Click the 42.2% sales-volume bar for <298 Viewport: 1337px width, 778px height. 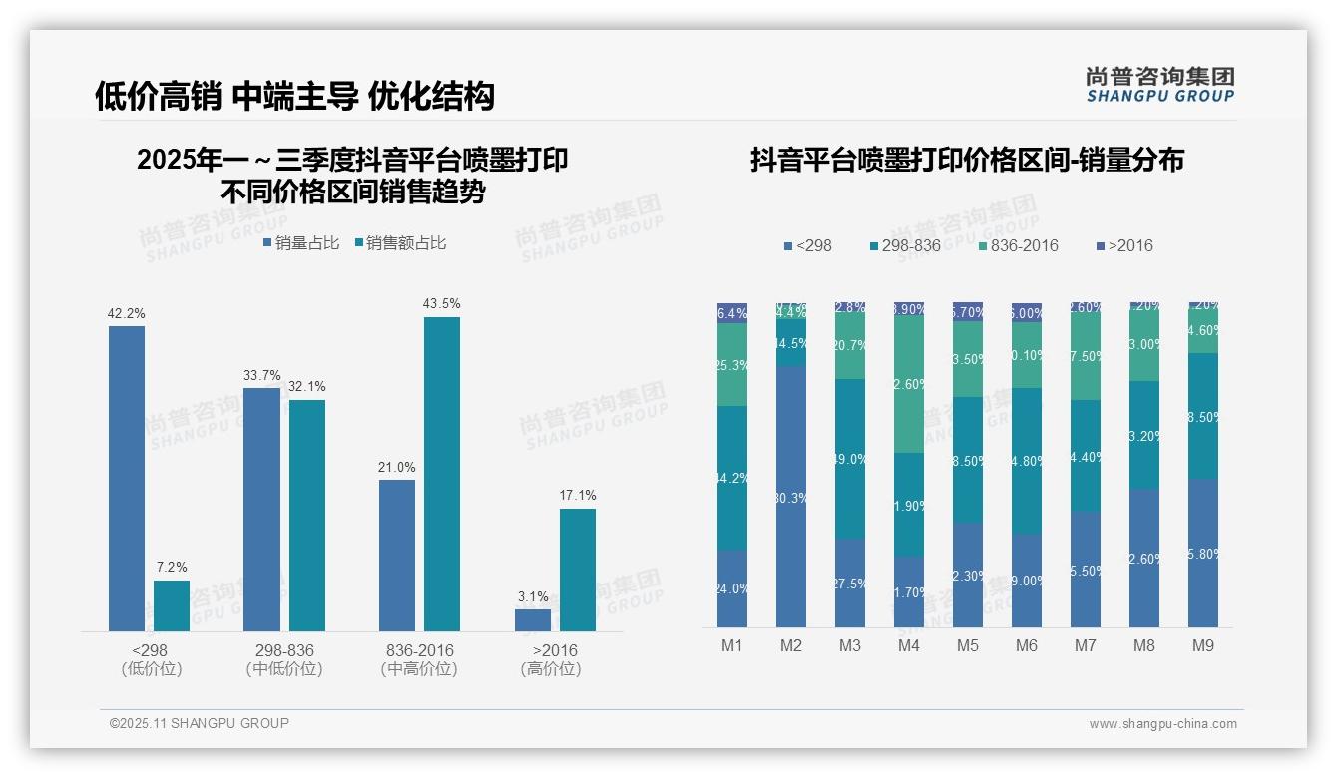coord(127,479)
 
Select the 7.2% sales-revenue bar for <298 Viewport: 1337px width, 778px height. coord(172,605)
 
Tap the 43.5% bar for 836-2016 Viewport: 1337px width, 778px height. coord(442,474)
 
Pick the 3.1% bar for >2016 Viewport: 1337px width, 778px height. coord(533,619)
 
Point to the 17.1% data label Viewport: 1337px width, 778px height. coord(578,496)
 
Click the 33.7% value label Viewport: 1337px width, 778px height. coord(261,376)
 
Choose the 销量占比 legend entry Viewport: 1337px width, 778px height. coord(301,243)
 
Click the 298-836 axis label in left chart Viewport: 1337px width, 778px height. coord(284,650)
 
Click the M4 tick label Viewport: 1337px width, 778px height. coord(908,646)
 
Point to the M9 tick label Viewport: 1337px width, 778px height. coord(1203,646)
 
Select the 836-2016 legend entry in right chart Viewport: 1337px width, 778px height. coord(1017,246)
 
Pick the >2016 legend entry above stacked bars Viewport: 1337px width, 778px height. coord(1123,246)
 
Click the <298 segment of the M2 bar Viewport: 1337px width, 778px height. coord(791,496)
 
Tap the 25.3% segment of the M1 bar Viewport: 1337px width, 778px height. coord(732,364)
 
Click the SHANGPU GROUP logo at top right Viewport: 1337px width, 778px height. coord(1160,85)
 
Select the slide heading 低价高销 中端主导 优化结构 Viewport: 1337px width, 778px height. coord(294,96)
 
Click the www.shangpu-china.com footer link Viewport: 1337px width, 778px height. coord(1162,724)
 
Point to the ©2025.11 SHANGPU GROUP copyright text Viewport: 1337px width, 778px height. coord(200,723)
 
